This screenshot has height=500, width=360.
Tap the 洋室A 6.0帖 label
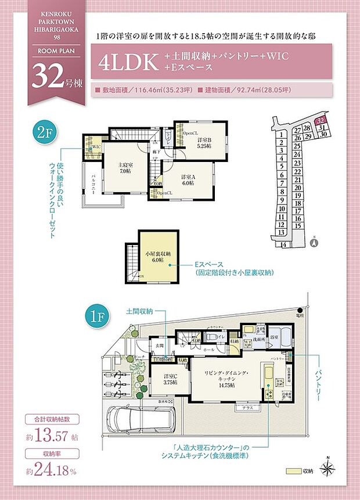pos(188,179)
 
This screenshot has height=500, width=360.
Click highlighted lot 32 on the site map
pos(320,122)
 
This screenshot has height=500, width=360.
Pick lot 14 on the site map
pos(284,245)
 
